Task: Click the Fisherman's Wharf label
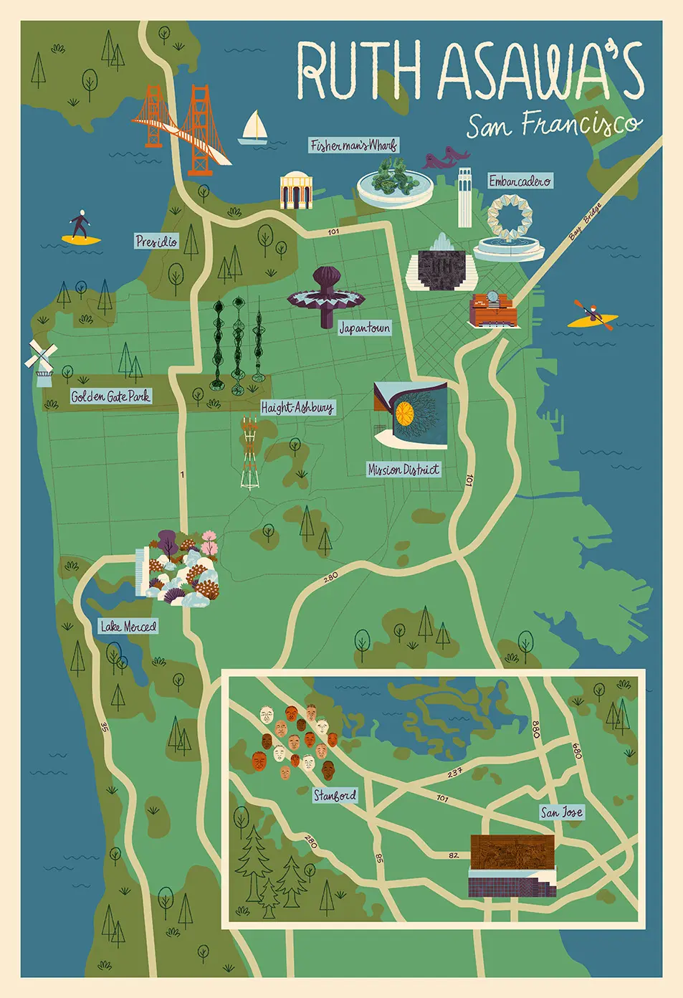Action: [x=353, y=146]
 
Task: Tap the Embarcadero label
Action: [x=520, y=181]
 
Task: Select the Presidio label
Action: [x=156, y=242]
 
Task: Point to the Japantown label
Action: [x=365, y=328]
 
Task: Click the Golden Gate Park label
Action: [x=110, y=396]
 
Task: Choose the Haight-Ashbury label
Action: [x=297, y=408]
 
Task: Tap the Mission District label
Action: [x=403, y=470]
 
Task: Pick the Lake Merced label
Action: [x=128, y=627]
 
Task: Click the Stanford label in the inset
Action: [x=335, y=795]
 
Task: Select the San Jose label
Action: [x=561, y=812]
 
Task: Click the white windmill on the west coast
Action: [x=41, y=358]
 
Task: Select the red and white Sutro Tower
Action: [x=249, y=453]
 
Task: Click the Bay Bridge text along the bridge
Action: [x=585, y=223]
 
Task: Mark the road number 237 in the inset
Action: [x=454, y=773]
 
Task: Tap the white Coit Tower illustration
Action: [x=464, y=196]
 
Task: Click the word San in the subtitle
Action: [x=489, y=128]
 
